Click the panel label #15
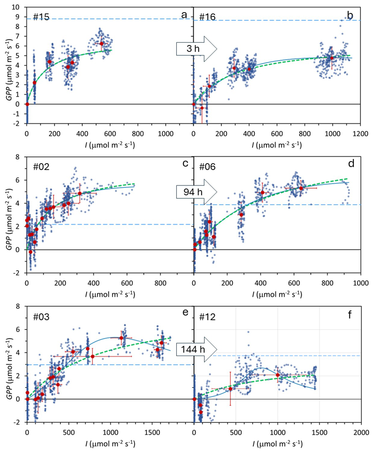click(x=41, y=17)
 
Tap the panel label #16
click(x=207, y=17)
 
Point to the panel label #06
click(x=207, y=167)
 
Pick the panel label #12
click(x=207, y=317)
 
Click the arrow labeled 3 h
click(x=196, y=49)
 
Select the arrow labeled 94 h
click(x=196, y=192)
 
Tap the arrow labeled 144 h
click(x=196, y=349)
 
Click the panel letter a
click(x=184, y=15)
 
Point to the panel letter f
click(x=350, y=315)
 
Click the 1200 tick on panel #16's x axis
click(x=360, y=134)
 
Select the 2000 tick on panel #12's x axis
click(x=361, y=432)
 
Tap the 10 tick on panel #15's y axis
click(x=15, y=7)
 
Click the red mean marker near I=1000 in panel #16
click(x=332, y=58)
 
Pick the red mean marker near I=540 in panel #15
click(x=101, y=44)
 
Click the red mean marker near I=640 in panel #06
click(x=301, y=188)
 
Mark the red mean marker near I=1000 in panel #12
click(x=278, y=375)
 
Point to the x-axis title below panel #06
click(x=277, y=294)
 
